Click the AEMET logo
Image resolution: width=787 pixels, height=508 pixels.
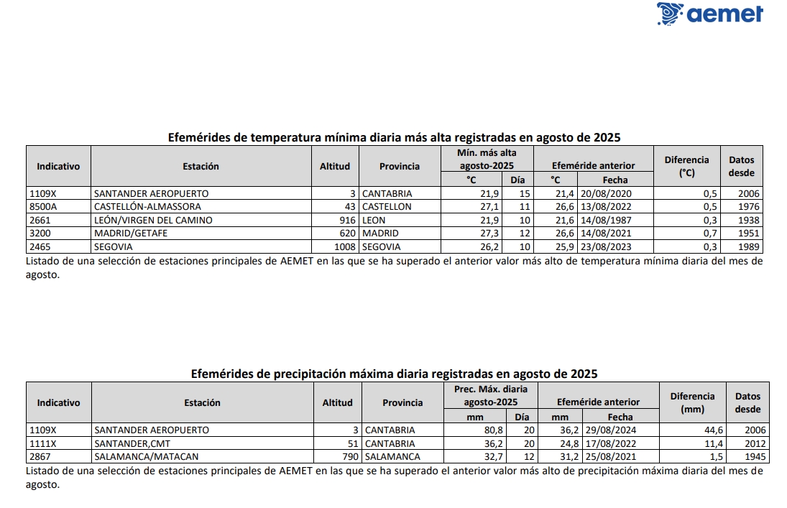pyautogui.click(x=709, y=14)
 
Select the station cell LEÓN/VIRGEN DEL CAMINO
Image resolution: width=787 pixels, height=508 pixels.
pyautogui.click(x=153, y=220)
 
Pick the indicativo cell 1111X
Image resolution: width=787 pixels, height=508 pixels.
pyautogui.click(x=42, y=443)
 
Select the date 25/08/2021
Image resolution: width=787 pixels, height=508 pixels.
pyautogui.click(x=609, y=456)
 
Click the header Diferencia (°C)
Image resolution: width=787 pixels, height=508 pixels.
pyautogui.click(x=686, y=166)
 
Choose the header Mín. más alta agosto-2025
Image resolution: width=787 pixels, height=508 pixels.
pyautogui.click(x=487, y=159)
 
